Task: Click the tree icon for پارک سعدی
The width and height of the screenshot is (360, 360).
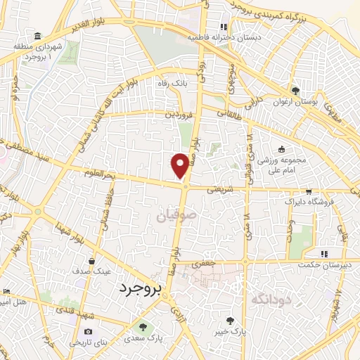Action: tap(143, 328)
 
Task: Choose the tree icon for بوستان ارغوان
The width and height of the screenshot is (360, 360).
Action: tap(295, 91)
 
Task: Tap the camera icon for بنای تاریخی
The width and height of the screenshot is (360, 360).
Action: tap(88, 332)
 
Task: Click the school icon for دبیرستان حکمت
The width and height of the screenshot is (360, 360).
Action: tap(323, 254)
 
